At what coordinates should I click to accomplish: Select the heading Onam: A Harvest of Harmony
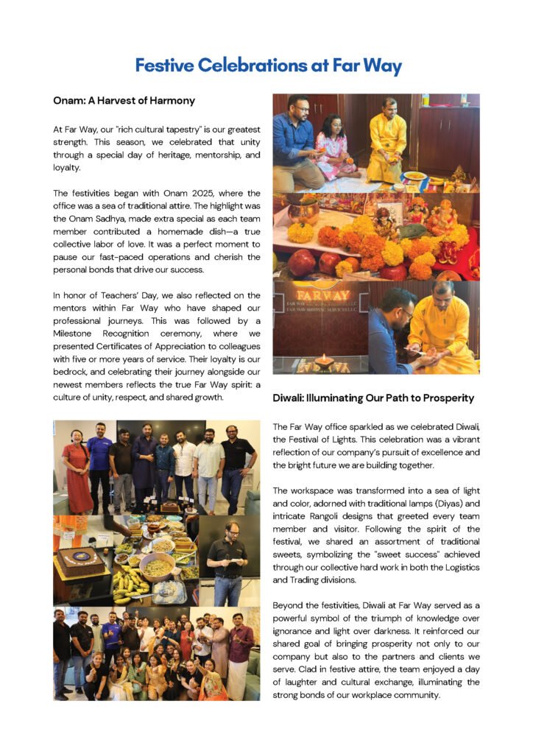coord(124,100)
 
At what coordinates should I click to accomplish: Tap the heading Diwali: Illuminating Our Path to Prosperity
coord(373,398)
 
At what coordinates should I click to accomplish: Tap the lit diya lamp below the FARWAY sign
coord(324,361)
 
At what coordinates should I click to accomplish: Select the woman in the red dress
coord(77,468)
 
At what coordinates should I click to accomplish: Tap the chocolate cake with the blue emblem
coord(80,560)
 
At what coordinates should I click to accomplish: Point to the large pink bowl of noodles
coord(157,567)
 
